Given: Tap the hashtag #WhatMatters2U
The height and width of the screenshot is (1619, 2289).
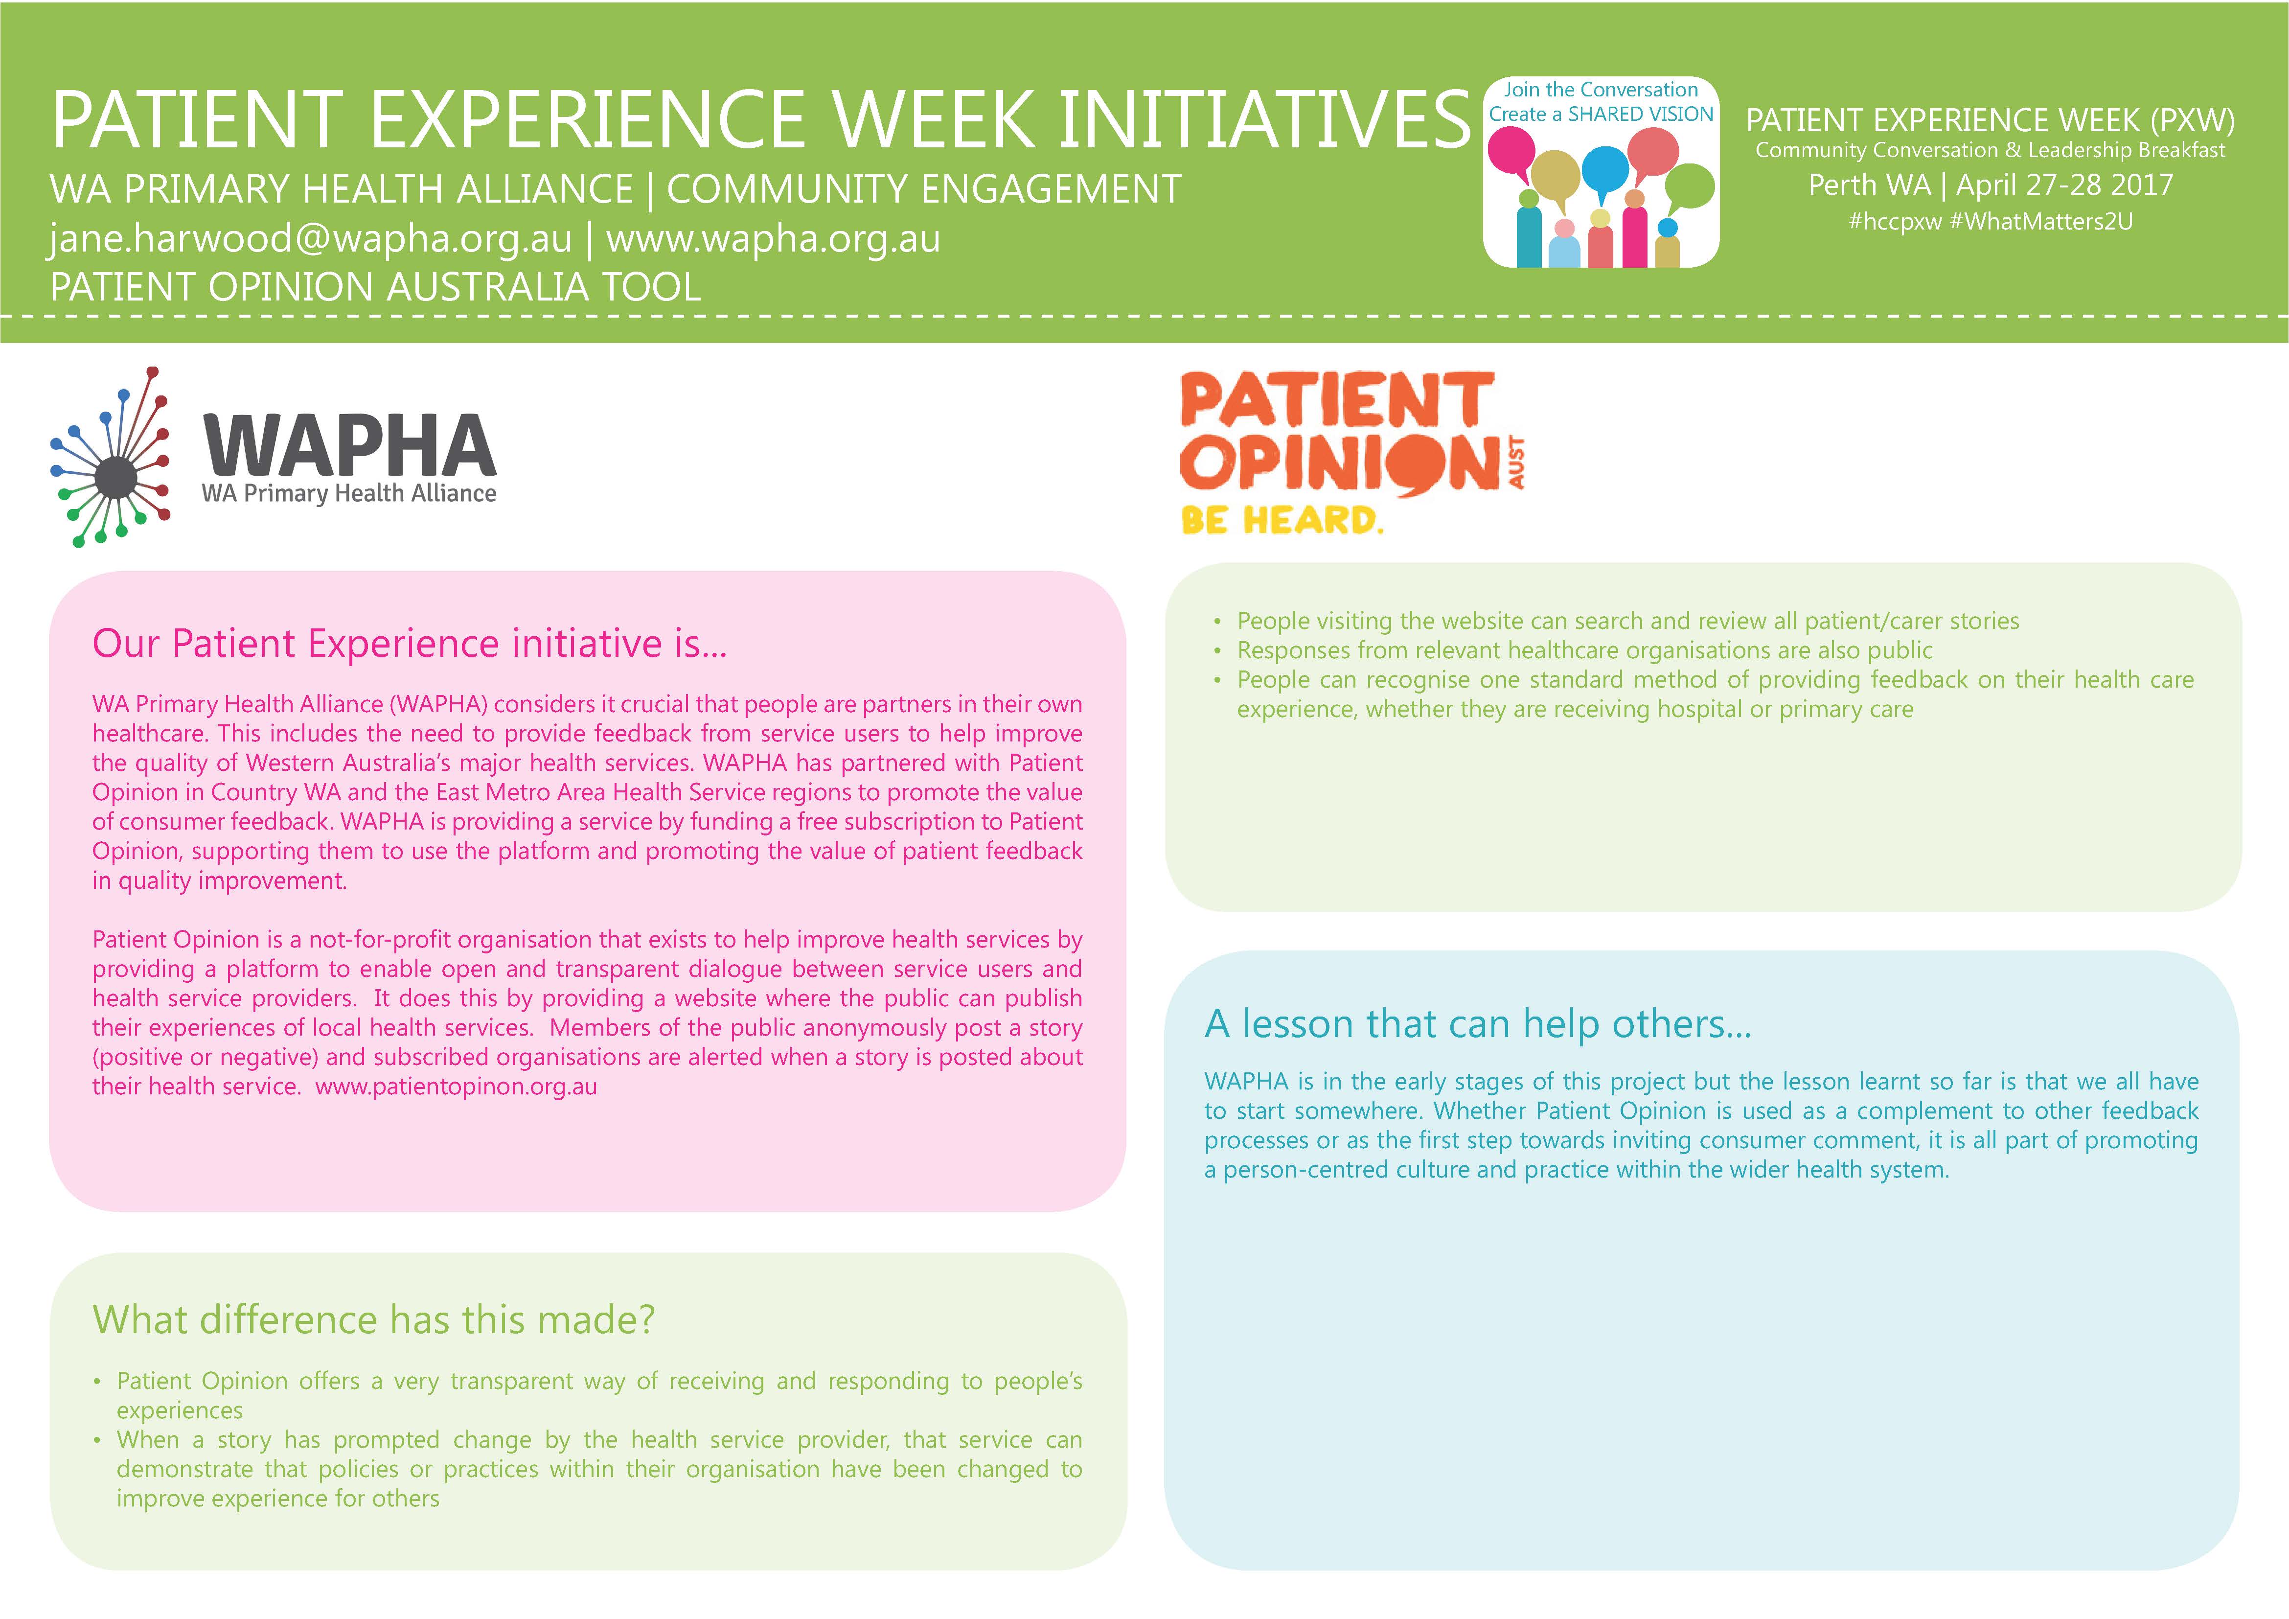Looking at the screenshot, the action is click(x=2041, y=221).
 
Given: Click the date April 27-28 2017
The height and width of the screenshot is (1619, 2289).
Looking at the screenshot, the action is click(x=2065, y=185).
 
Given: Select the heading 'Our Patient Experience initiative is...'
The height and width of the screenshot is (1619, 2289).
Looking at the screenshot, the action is click(x=410, y=644).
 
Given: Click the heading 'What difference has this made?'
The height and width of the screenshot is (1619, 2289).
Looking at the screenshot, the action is click(x=374, y=1320).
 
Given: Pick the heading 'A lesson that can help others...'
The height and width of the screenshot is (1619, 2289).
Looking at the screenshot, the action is click(x=1478, y=1024).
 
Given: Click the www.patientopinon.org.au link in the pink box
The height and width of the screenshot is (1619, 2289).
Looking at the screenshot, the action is click(x=457, y=1087).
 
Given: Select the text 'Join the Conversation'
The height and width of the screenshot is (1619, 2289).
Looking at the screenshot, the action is click(x=1601, y=90).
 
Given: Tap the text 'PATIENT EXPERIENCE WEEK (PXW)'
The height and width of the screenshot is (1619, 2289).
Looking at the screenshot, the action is click(x=1990, y=120).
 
